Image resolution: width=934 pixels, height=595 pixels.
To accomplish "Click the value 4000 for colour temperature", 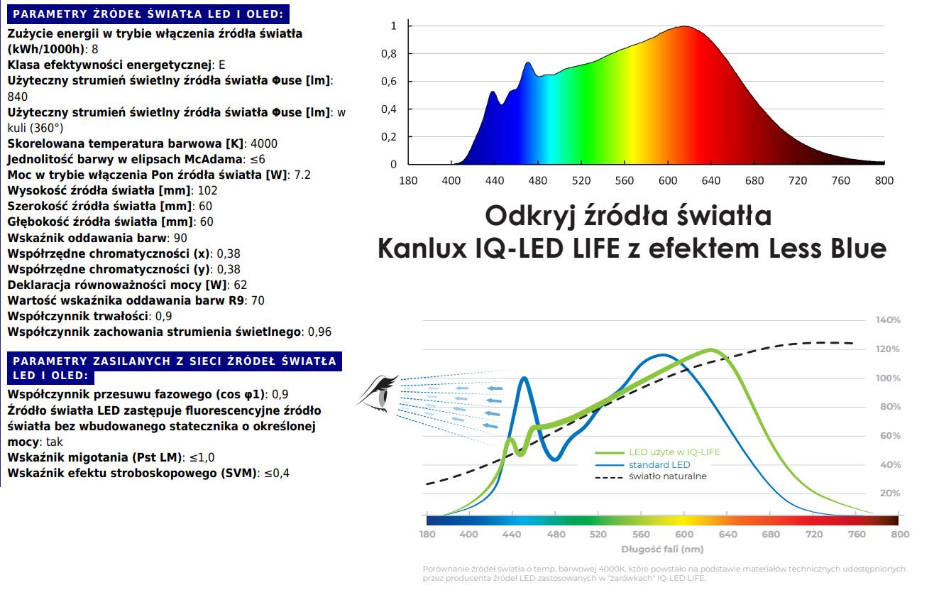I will (x=265, y=143).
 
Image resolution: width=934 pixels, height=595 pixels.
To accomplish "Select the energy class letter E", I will (x=221, y=65).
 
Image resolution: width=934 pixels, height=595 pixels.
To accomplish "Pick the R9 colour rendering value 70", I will (x=258, y=300).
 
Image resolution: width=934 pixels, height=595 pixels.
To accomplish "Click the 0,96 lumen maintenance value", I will (x=319, y=332).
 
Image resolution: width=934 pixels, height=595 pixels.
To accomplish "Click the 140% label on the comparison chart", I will (x=889, y=320).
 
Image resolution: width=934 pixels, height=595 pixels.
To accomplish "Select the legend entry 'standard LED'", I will (x=659, y=465).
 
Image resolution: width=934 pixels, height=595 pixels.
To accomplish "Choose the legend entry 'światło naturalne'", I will (x=667, y=476).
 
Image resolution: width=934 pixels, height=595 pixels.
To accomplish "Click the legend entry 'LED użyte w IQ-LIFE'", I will (x=674, y=452).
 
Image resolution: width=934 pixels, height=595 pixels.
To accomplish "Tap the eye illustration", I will (x=378, y=392).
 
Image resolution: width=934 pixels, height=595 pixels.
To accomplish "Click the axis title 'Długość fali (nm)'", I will (x=662, y=549).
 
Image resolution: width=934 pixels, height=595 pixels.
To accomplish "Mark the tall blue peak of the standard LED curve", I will (x=524, y=378).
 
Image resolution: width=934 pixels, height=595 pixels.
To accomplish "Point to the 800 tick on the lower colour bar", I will (x=899, y=534).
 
